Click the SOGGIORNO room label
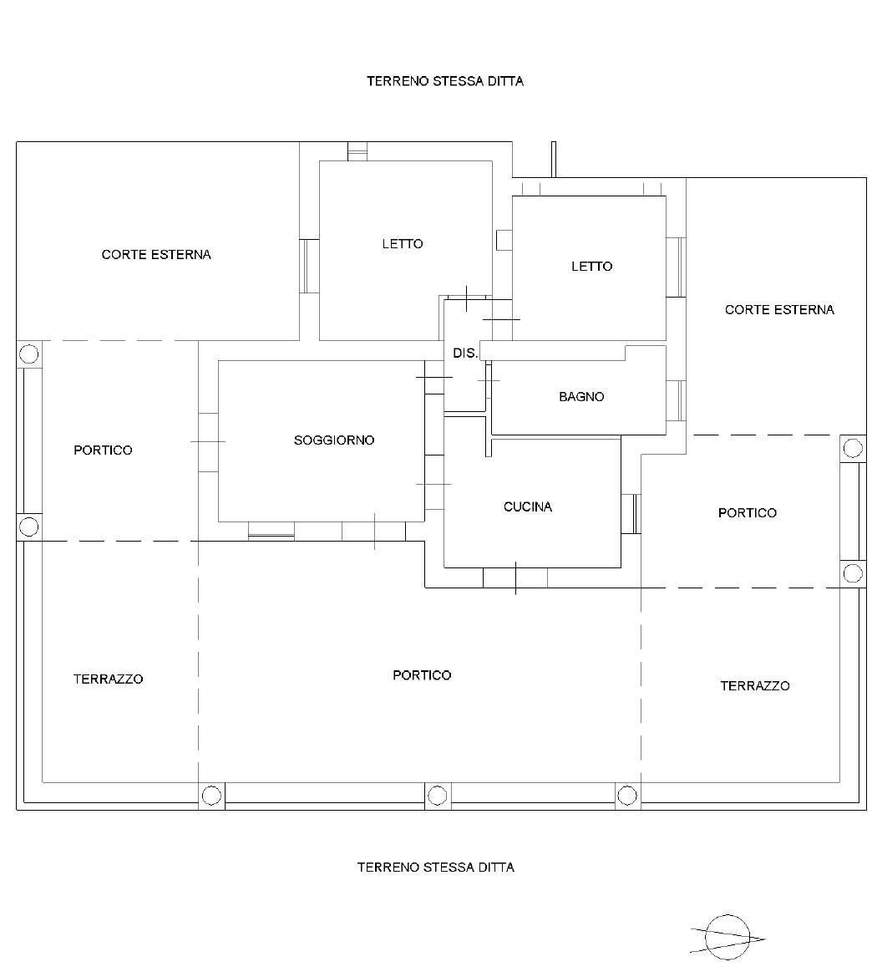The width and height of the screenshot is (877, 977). [334, 440]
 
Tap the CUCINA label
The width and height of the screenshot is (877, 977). [528, 507]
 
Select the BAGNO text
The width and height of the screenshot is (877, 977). [581, 397]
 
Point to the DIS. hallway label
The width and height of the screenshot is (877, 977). [464, 354]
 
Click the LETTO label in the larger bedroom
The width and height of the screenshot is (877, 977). [403, 244]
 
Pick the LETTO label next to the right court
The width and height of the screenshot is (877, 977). [591, 267]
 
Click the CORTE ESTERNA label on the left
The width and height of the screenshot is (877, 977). [156, 255]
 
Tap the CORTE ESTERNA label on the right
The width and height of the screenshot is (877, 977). [779, 310]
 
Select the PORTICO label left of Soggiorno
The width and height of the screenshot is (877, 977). [103, 450]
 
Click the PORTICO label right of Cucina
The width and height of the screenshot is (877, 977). [748, 513]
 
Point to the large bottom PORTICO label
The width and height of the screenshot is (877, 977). [422, 675]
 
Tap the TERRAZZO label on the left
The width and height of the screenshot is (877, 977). [109, 679]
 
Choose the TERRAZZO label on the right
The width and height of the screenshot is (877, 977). [755, 686]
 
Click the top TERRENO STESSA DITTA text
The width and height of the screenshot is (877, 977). [444, 82]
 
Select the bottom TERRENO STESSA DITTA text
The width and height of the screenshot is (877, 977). [436, 868]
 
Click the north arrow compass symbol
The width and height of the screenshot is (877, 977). [727, 937]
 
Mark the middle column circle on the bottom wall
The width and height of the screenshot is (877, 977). [438, 796]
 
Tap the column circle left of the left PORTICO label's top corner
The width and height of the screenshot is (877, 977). [28, 354]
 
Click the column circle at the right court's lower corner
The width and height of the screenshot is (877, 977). [853, 448]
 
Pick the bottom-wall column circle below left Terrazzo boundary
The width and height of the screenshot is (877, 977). [212, 796]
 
